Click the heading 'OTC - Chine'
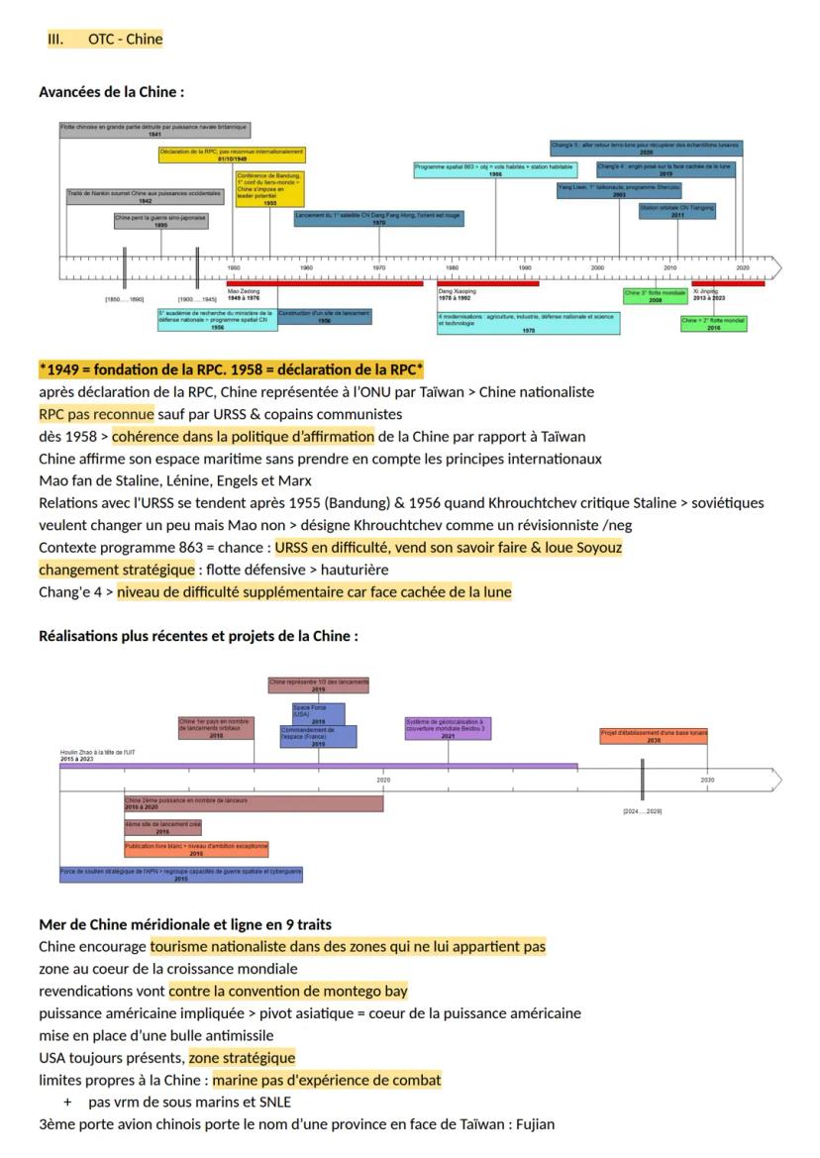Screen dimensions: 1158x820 pyautogui.click(x=125, y=40)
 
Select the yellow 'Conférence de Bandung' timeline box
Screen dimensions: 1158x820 pyautogui.click(x=269, y=189)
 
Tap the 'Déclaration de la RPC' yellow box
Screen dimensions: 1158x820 pyautogui.click(x=232, y=155)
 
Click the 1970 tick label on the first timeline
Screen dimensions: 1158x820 pyautogui.click(x=379, y=268)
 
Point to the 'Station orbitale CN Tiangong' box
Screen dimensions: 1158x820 pyautogui.click(x=676, y=211)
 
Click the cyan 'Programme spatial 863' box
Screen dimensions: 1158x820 pyautogui.click(x=495, y=170)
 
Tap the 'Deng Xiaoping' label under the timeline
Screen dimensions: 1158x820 pyautogui.click(x=457, y=292)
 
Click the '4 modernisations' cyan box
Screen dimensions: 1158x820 pyautogui.click(x=529, y=323)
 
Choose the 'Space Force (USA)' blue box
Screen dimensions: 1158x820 pyautogui.click(x=318, y=714)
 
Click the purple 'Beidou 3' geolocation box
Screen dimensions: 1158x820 pyautogui.click(x=448, y=728)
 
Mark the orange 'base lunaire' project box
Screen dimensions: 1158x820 pyautogui.click(x=654, y=736)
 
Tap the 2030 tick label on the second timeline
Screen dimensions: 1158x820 pyautogui.click(x=707, y=781)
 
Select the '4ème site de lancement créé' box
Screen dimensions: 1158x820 pyautogui.click(x=162, y=827)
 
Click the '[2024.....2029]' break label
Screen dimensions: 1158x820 pyautogui.click(x=642, y=811)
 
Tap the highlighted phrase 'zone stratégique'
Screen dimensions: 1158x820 pyautogui.click(x=242, y=1058)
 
